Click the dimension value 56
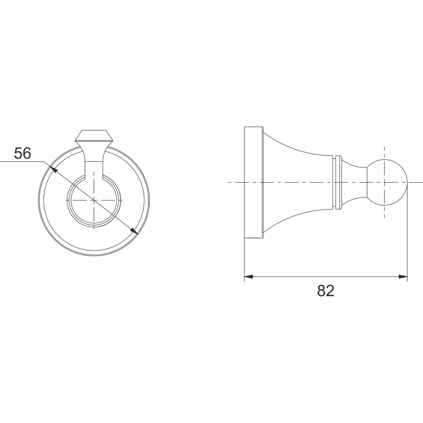(x=23, y=153)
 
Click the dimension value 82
(x=326, y=291)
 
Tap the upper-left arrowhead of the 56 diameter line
(x=53, y=170)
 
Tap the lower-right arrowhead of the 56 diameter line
(x=134, y=231)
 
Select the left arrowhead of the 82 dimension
(x=248, y=277)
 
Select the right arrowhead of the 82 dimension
(x=403, y=277)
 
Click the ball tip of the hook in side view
(x=387, y=183)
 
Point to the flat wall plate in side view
(x=253, y=183)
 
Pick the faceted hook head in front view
(x=94, y=137)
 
